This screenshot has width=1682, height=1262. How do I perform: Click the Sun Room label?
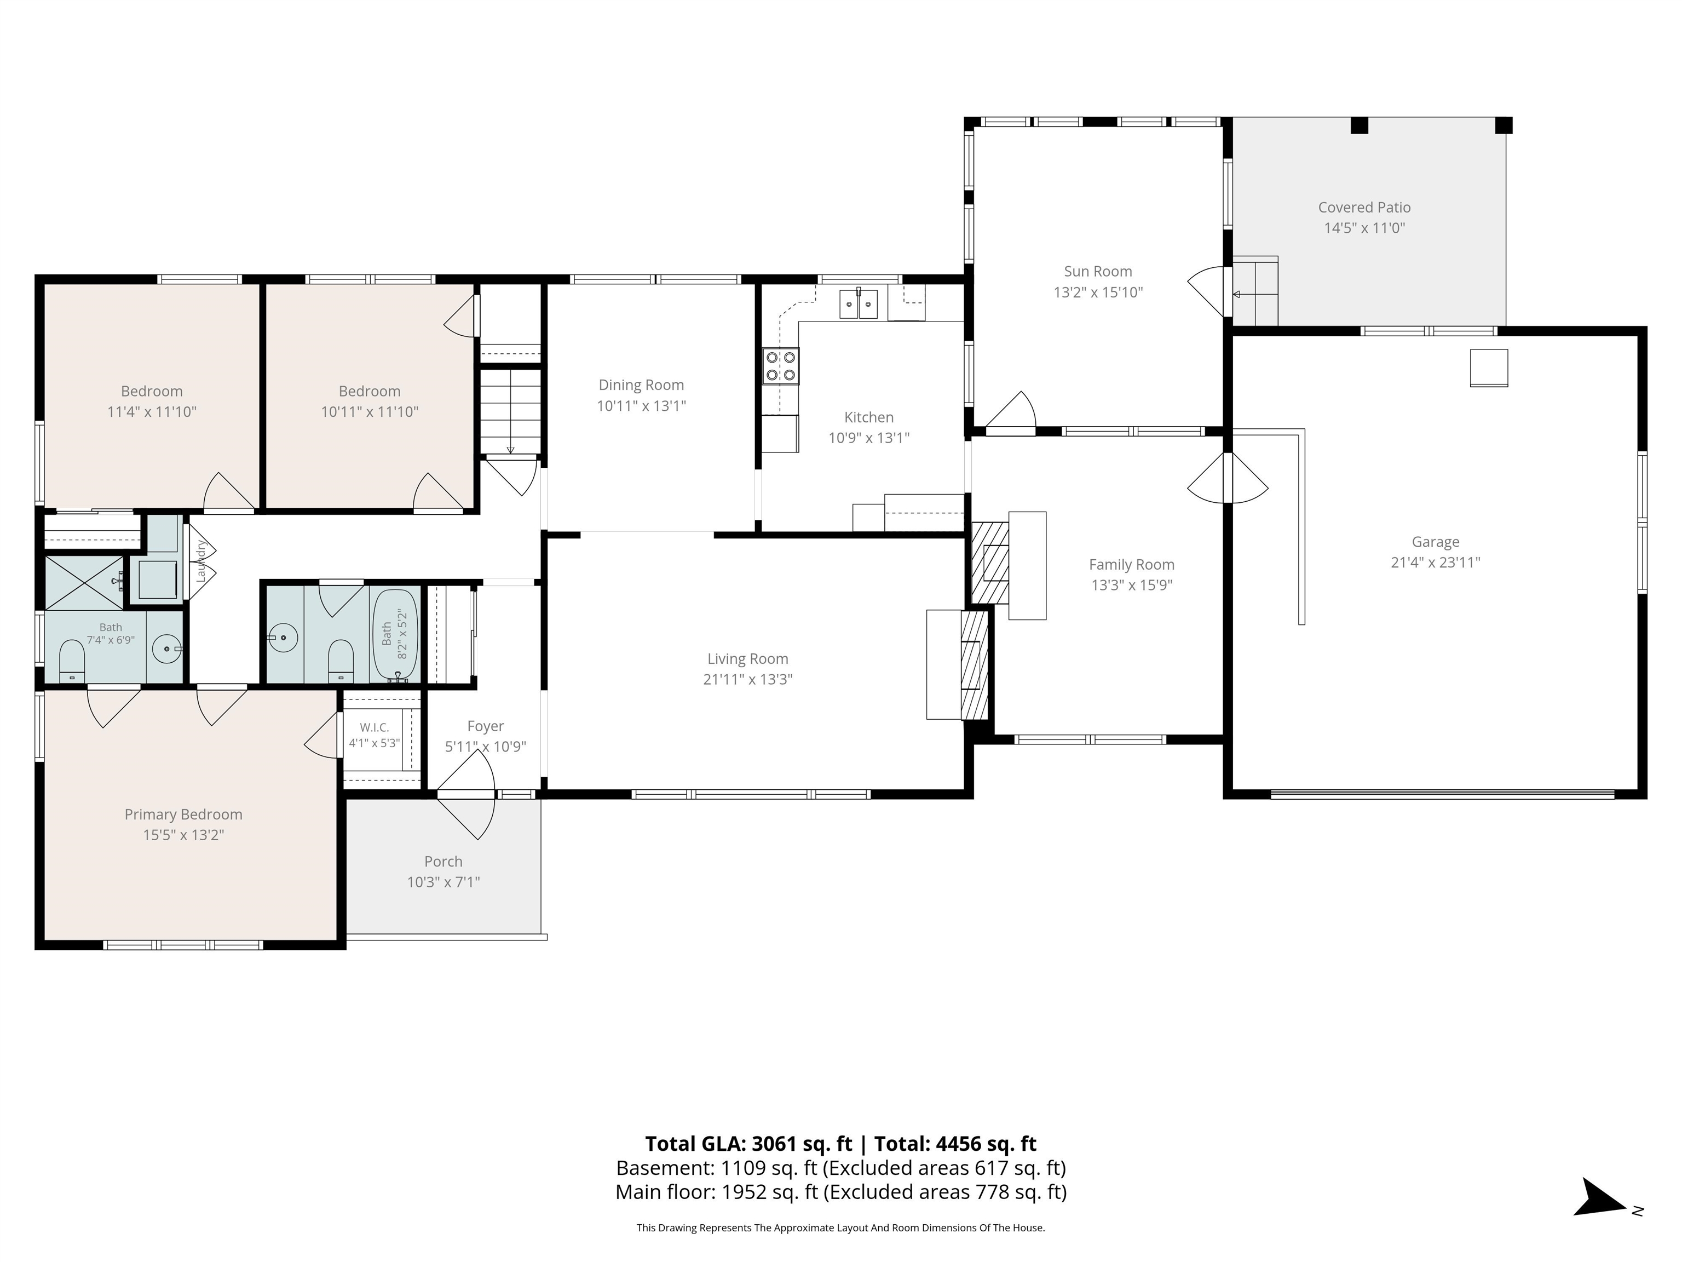[x=1097, y=272]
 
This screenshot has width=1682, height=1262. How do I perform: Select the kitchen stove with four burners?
[x=781, y=366]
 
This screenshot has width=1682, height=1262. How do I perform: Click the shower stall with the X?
[x=84, y=583]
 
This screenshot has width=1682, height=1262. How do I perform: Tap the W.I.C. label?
[x=374, y=728]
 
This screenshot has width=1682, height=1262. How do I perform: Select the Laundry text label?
[x=201, y=561]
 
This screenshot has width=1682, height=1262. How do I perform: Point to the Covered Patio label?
[x=1364, y=208]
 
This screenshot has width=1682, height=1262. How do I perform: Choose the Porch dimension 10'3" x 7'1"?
[x=443, y=882]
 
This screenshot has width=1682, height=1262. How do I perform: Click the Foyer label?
[x=485, y=726]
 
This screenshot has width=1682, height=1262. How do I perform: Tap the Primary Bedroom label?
[x=183, y=814]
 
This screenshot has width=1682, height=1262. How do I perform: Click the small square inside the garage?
[x=1488, y=368]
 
